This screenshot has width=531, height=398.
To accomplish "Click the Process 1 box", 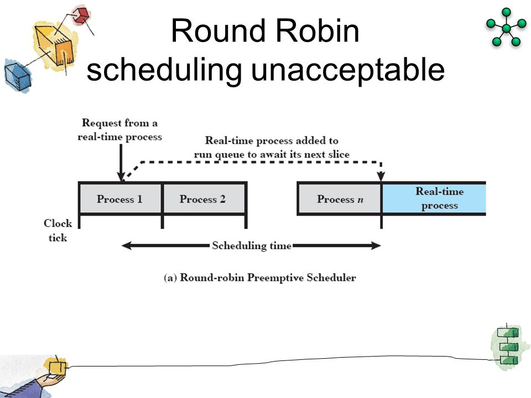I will [119, 199].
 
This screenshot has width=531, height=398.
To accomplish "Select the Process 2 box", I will [203, 199].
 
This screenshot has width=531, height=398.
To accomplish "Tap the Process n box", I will [339, 199].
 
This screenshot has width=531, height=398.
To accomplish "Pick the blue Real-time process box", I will [434, 198].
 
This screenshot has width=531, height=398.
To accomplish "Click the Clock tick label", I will [58, 231].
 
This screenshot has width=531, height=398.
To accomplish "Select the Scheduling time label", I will [252, 245].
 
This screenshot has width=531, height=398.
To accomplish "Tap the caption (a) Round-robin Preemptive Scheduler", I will [260, 278].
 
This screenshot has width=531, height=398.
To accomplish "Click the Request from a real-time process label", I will [119, 129].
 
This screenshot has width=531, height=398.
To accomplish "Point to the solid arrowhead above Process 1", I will [119, 176].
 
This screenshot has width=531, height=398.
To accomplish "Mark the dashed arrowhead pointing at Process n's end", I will [381, 176].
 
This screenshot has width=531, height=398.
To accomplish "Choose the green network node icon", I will [506, 28].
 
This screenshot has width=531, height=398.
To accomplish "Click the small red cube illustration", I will [82, 14].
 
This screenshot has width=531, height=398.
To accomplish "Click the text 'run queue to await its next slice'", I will [271, 154].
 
